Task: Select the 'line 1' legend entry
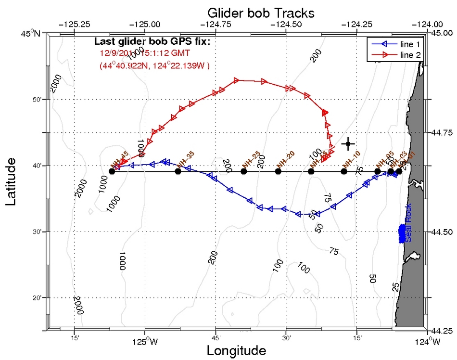410,43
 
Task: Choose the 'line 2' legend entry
410,55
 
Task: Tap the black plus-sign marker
348,143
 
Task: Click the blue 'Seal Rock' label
408,228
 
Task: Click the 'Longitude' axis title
236,350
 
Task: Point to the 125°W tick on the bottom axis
145,342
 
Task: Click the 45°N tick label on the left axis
31,33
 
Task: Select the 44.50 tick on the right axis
441,232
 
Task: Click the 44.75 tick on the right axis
441,132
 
